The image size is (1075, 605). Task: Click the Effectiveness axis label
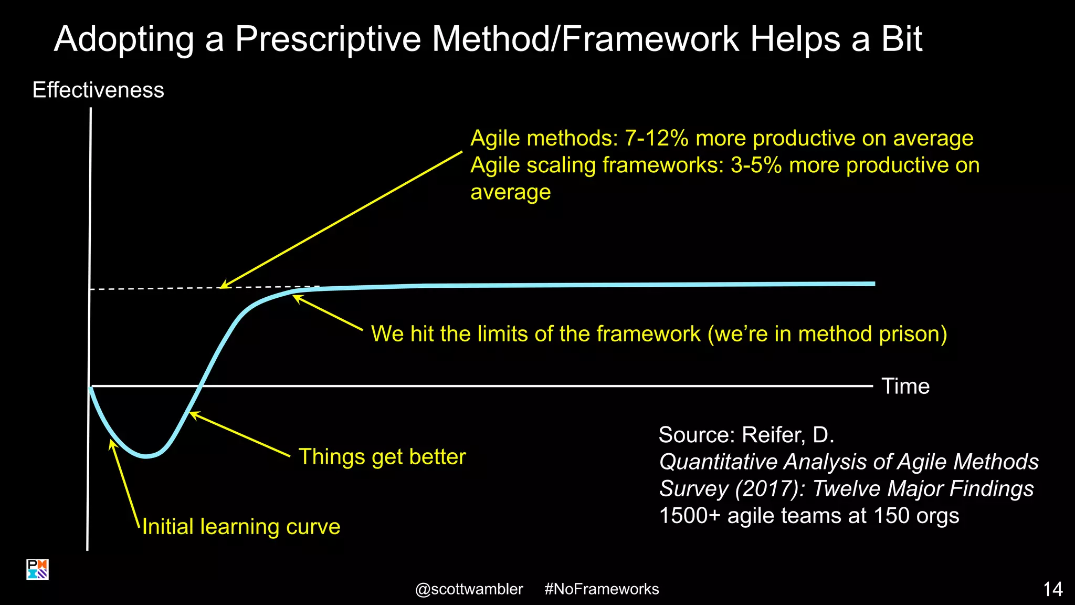pyautogui.click(x=98, y=90)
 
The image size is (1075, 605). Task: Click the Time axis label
pyautogui.click(x=905, y=386)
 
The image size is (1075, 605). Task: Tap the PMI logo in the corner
pyautogui.click(x=37, y=569)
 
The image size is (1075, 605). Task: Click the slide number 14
pyautogui.click(x=1052, y=589)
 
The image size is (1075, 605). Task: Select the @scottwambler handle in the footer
pyautogui.click(x=469, y=589)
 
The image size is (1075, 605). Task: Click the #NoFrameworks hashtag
pyautogui.click(x=602, y=589)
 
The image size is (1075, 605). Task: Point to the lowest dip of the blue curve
pyautogui.click(x=146, y=456)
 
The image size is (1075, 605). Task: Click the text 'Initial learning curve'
pyautogui.click(x=241, y=526)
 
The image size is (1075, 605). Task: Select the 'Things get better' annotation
pyautogui.click(x=382, y=456)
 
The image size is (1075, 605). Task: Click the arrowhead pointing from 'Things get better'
pyautogui.click(x=192, y=414)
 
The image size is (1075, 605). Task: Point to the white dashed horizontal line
pyautogui.click(x=157, y=288)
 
